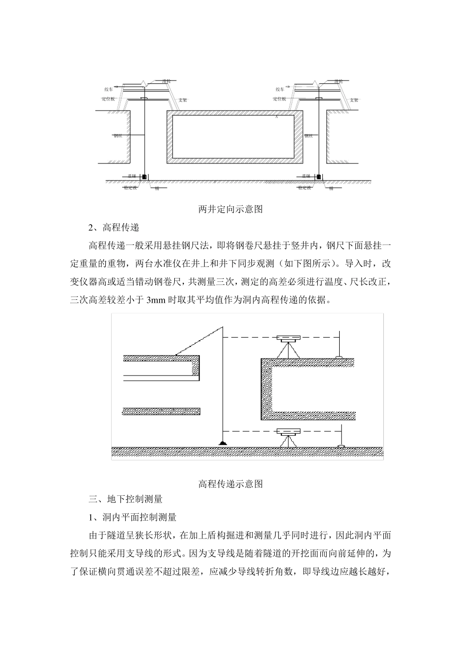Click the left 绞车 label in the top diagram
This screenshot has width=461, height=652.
109,89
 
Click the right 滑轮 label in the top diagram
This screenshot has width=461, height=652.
338,81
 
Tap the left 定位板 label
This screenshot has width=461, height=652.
109,99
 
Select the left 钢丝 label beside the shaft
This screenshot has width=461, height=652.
118,136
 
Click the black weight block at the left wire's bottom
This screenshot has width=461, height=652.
144,177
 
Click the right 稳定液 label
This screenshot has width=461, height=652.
304,187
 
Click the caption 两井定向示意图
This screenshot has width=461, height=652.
230,210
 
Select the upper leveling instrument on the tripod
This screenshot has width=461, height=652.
289,338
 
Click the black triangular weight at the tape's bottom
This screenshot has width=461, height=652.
222,443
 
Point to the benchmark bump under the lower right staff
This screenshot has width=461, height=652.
341,446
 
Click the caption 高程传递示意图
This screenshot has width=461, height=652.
230,484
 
